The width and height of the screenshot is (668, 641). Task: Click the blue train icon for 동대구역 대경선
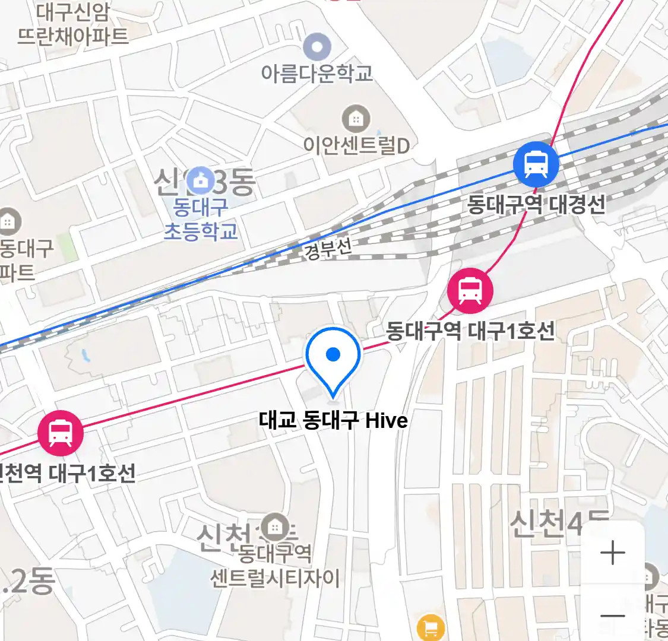536,164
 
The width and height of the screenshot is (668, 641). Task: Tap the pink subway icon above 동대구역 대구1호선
470,290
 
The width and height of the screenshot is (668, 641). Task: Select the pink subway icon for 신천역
60,432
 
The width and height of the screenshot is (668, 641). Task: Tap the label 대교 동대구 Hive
333,420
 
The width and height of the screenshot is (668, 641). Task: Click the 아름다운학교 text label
317,73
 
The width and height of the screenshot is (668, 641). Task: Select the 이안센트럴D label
356,145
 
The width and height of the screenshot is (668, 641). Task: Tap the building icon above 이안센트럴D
356,119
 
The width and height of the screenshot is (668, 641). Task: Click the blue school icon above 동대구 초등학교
201,180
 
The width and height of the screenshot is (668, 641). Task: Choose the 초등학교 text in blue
201,231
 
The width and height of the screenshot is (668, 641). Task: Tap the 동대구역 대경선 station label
536,204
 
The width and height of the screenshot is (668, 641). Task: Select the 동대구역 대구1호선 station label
470,331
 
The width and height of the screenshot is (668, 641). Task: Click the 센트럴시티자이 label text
275,577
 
